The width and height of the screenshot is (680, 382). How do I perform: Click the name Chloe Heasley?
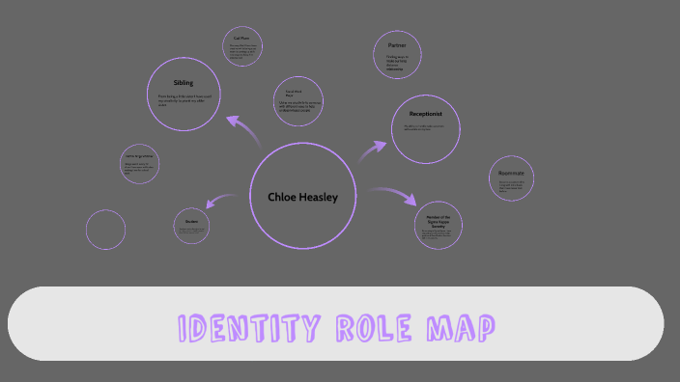pos(303,198)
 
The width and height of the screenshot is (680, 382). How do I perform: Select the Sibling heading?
pos(184,82)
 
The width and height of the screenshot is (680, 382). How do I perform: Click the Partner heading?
pos(397,45)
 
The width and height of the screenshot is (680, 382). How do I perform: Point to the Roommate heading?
pos(511,173)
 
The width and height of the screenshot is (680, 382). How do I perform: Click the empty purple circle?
pos(105,230)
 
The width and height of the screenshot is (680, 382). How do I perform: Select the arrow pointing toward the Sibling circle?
pos(242,129)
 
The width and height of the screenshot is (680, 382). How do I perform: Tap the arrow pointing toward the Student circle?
pos(224,200)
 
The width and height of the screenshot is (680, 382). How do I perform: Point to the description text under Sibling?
pos(183,101)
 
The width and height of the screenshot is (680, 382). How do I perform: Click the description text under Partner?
pos(396,64)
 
